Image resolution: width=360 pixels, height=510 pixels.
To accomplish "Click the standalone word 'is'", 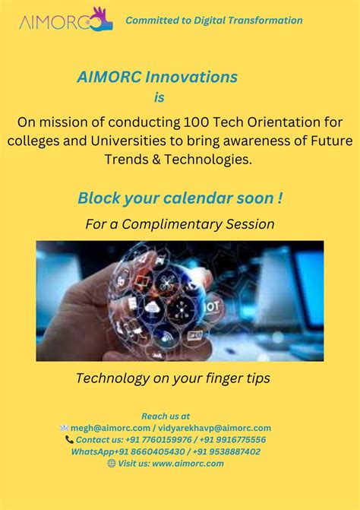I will tap(159, 97).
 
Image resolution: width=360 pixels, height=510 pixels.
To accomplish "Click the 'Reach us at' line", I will tap(166, 416).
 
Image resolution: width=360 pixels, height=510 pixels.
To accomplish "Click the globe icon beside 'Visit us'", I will tap(112, 463).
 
